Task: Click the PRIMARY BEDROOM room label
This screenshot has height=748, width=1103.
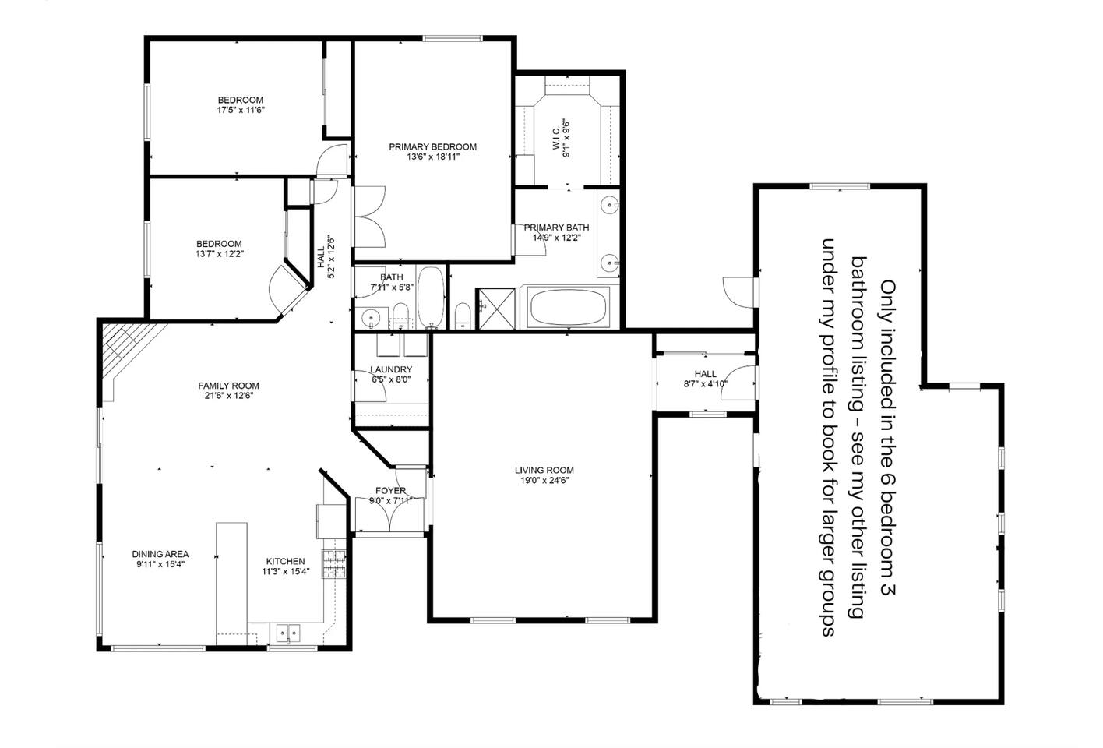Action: [432, 146]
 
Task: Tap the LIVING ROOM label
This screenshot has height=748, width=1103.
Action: [544, 471]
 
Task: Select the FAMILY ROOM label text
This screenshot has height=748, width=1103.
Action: [228, 386]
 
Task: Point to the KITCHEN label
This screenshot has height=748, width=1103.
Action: [286, 561]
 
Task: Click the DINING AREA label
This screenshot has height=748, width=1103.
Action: [160, 554]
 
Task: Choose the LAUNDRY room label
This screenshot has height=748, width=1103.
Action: [391, 369]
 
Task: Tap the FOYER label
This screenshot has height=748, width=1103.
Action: [390, 490]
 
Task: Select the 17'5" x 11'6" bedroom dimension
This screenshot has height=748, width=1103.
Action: [241, 111]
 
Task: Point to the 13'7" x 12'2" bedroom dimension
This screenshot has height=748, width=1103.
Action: [220, 254]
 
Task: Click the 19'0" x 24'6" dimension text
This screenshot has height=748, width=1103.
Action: [544, 481]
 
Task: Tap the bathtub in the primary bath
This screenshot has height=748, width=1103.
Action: [568, 307]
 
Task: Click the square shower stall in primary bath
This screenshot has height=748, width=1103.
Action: [496, 309]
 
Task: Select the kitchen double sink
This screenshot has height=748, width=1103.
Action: [287, 631]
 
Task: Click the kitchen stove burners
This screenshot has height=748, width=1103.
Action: [334, 563]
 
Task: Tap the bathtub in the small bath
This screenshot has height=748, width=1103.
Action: [431, 297]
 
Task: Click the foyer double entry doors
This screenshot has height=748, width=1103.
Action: [389, 516]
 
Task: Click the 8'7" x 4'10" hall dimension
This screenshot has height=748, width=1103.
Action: [705, 384]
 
